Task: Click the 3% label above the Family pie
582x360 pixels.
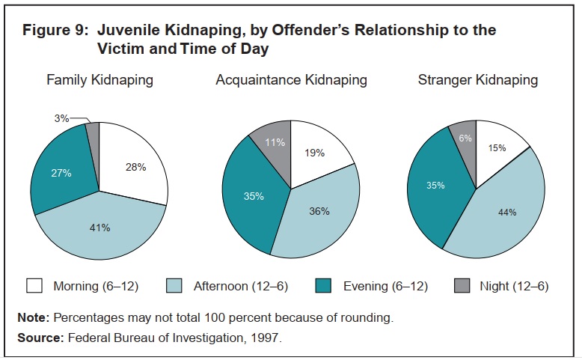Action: pyautogui.click(x=61, y=118)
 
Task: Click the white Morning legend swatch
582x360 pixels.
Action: pyautogui.click(x=34, y=286)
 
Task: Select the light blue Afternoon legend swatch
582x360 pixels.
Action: pyautogui.click(x=174, y=286)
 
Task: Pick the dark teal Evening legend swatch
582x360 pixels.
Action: pyautogui.click(x=323, y=286)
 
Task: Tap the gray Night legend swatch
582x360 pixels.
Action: pyautogui.click(x=462, y=286)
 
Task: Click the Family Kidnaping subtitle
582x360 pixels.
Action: pyautogui.click(x=99, y=80)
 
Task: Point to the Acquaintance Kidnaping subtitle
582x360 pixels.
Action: pyautogui.click(x=291, y=80)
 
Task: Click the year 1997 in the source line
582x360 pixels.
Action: pyautogui.click(x=264, y=338)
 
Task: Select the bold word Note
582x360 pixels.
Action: pyautogui.click(x=33, y=317)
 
